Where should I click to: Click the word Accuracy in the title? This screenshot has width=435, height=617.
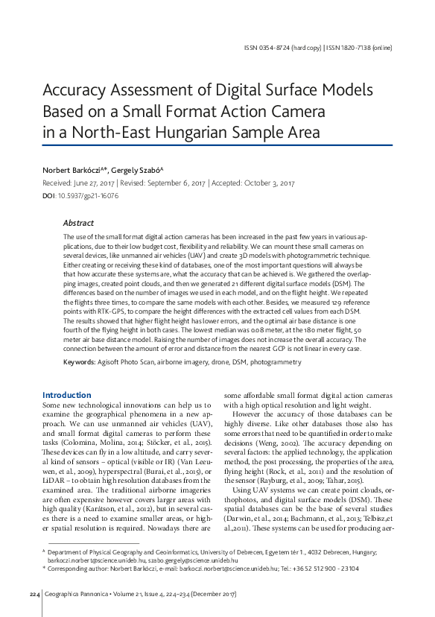point(78,92)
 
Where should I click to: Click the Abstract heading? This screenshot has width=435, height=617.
point(78,223)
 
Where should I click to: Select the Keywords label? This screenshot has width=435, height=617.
point(79,361)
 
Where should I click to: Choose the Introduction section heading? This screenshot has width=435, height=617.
point(67,395)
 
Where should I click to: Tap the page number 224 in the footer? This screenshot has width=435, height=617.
point(34,594)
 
